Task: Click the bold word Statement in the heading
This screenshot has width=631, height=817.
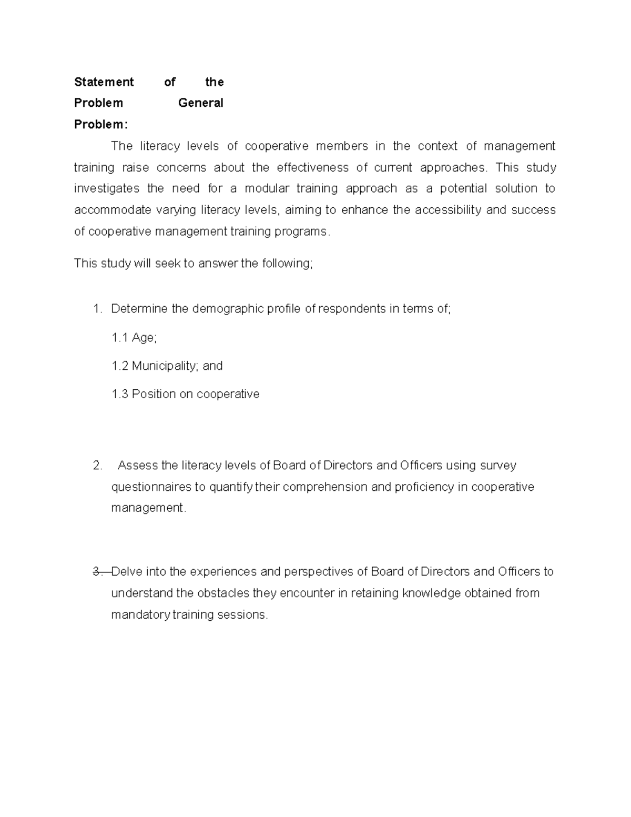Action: [104, 82]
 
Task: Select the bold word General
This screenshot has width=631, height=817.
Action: [200, 103]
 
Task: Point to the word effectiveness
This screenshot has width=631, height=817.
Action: [312, 167]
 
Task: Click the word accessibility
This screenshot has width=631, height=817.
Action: [448, 210]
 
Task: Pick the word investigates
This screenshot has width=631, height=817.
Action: [107, 188]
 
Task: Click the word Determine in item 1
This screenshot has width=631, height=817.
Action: [139, 309]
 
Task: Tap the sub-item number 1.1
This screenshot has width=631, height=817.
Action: [120, 338]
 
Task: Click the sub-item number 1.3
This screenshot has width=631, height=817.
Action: [120, 394]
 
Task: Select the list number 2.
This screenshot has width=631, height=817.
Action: [97, 466]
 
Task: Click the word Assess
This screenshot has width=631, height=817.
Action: [138, 466]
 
